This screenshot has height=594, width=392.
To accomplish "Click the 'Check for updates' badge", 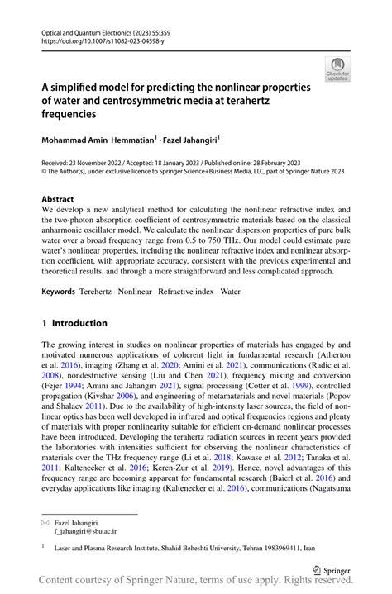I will click(x=337, y=69).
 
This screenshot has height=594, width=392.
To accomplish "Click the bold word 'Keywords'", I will click(x=58, y=292).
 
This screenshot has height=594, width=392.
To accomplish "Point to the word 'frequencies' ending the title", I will click(x=75, y=114).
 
